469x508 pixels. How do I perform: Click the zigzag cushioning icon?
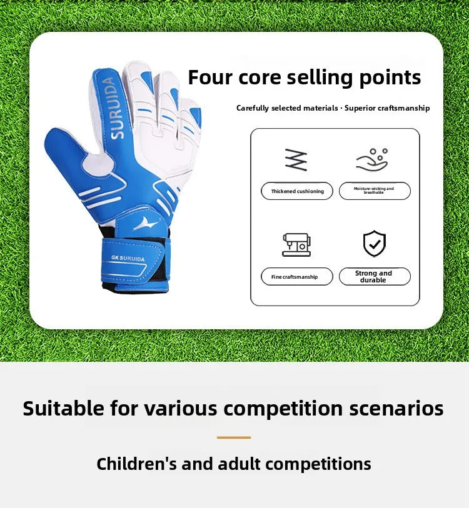296,160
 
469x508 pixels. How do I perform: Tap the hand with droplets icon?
373,160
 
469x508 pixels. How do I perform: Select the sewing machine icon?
296,244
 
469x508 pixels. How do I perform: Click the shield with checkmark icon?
375,244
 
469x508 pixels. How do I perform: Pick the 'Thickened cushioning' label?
298,191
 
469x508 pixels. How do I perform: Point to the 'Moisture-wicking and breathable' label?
374,191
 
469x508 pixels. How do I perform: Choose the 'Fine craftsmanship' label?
295,277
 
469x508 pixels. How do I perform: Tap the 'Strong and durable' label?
374,277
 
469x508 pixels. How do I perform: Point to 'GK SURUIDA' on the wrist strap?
129,258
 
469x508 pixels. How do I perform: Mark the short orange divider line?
234,437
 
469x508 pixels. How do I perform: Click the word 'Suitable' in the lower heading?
63,409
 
